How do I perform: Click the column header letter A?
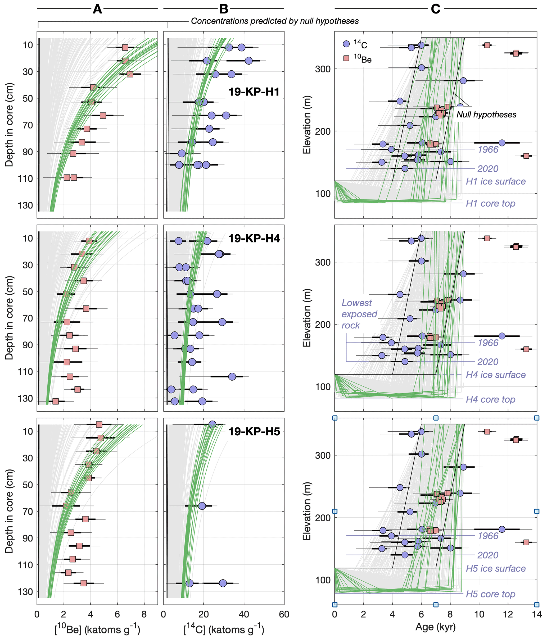[x=97, y=9]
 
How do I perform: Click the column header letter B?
[x=224, y=9]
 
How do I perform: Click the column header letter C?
[x=435, y=9]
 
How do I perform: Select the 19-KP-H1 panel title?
[x=254, y=92]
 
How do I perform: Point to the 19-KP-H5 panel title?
[x=254, y=431]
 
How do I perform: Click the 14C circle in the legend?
[x=346, y=44]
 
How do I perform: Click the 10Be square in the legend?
[x=346, y=58]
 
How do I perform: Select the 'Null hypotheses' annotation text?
[x=486, y=115]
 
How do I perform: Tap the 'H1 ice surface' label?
[x=495, y=181]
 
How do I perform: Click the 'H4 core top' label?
[x=491, y=399]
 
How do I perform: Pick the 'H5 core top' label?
[x=491, y=594]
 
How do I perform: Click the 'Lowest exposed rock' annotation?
[x=359, y=314]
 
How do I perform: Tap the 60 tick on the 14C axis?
[x=284, y=614]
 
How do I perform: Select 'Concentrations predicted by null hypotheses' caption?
[x=275, y=21]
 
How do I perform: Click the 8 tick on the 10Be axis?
[x=144, y=614]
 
